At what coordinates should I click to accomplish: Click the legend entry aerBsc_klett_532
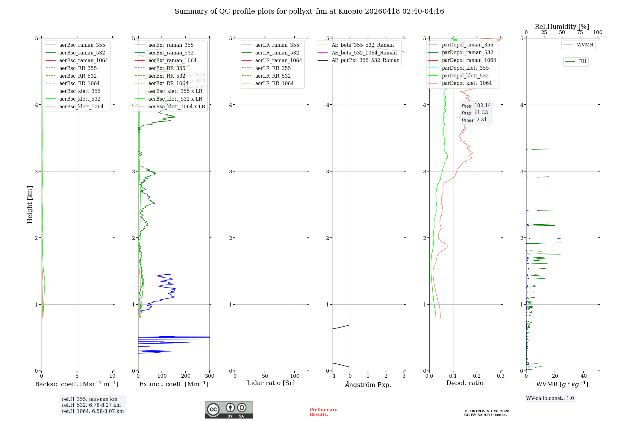tap(80, 99)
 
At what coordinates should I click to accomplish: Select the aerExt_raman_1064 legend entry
tap(172, 60)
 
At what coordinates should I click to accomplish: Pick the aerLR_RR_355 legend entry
tap(273, 68)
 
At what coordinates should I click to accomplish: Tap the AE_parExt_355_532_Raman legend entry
tap(365, 60)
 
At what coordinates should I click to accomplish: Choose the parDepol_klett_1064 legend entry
tap(466, 83)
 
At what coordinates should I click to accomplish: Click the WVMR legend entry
tap(585, 45)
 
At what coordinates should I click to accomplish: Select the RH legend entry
tap(582, 62)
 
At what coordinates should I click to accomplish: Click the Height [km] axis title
tap(30, 205)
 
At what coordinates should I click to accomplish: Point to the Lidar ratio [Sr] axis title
tap(271, 383)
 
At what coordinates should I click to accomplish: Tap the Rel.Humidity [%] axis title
tap(562, 27)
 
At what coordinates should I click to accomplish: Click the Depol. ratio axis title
tap(465, 383)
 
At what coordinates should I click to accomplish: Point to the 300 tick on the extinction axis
tap(210, 376)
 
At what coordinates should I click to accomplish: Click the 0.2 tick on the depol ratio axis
tap(477, 376)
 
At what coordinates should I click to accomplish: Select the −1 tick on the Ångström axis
tap(332, 376)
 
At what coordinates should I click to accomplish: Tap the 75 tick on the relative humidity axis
tap(580, 33)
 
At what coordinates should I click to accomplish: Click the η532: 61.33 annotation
tap(475, 113)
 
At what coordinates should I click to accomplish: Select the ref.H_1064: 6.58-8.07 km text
tap(93, 411)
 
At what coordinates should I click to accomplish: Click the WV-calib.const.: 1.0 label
tap(550, 398)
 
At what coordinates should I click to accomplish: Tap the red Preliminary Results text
tap(323, 412)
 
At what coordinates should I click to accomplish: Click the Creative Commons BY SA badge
tap(229, 410)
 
